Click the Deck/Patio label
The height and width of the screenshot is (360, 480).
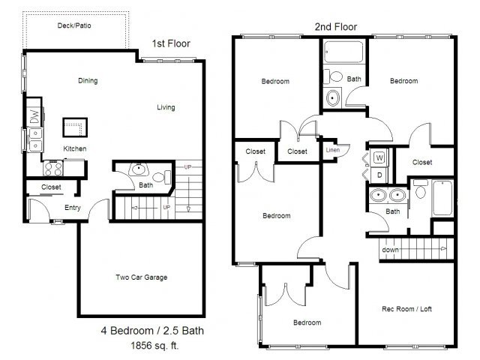(74, 25)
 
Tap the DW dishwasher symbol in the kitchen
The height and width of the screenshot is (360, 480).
(34, 115)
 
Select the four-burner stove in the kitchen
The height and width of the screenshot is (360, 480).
(52, 168)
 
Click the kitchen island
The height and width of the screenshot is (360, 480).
(75, 127)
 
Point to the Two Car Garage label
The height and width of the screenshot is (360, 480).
(142, 277)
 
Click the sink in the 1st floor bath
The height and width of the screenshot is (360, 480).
(139, 169)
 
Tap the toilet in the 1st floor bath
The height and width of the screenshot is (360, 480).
(162, 177)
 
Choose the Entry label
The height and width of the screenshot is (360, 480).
(73, 208)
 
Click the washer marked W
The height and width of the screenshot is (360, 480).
(379, 157)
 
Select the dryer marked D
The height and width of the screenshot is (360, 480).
(379, 175)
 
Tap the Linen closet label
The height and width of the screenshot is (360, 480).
(333, 150)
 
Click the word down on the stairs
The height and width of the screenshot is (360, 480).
(390, 250)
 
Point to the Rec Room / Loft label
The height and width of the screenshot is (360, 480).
(406, 309)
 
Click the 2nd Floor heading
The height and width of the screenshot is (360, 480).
(336, 27)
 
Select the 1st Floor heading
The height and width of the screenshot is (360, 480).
(171, 43)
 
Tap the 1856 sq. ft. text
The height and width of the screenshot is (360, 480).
(154, 346)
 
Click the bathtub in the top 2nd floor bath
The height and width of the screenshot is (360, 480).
(343, 52)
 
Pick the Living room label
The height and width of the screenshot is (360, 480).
(166, 107)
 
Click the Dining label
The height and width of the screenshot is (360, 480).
(88, 81)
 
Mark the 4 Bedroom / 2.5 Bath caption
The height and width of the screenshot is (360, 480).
(152, 331)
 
